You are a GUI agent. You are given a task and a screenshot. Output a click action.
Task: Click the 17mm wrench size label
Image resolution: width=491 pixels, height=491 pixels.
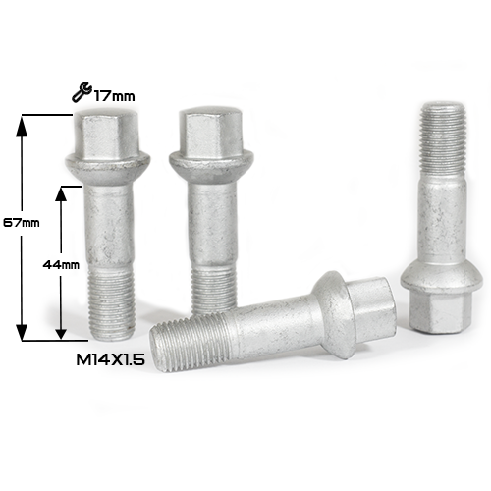tap(115, 96)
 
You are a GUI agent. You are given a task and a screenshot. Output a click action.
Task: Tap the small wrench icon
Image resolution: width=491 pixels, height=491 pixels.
tap(82, 92)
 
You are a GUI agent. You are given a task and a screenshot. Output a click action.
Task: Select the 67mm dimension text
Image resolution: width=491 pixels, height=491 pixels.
tap(22, 223)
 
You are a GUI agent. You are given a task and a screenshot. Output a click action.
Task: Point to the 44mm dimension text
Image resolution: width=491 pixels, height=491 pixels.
tap(61, 264)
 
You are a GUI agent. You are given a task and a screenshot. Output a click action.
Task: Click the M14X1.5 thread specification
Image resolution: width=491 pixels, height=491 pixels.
tap(111, 360)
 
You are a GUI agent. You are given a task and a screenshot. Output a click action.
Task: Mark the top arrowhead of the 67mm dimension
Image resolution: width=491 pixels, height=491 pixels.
tap(22, 125)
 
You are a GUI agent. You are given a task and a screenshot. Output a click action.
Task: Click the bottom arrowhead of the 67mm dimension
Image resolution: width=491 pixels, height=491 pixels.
tap(22, 332)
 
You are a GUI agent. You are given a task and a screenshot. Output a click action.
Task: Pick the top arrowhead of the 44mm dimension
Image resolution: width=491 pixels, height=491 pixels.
tap(60, 195)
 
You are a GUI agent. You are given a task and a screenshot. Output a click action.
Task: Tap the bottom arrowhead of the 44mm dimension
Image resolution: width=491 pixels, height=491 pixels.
tap(60, 331)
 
